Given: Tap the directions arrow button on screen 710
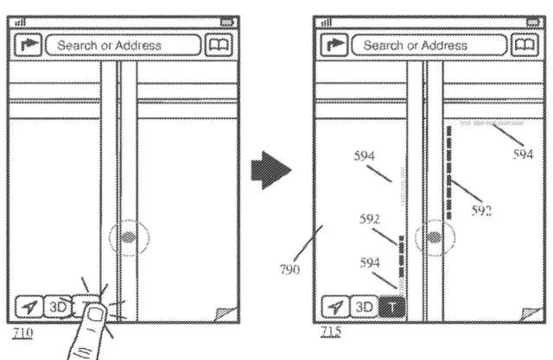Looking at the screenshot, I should click(29, 45).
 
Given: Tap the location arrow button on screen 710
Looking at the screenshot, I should click(29, 306).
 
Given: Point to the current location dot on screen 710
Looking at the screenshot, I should click(128, 237).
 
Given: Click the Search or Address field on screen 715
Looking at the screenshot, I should click(427, 45).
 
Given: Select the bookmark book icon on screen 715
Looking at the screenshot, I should click(522, 45).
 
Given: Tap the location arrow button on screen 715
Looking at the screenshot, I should click(334, 306).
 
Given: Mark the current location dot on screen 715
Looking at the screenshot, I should click(435, 237).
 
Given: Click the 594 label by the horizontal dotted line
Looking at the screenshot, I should click(522, 155).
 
